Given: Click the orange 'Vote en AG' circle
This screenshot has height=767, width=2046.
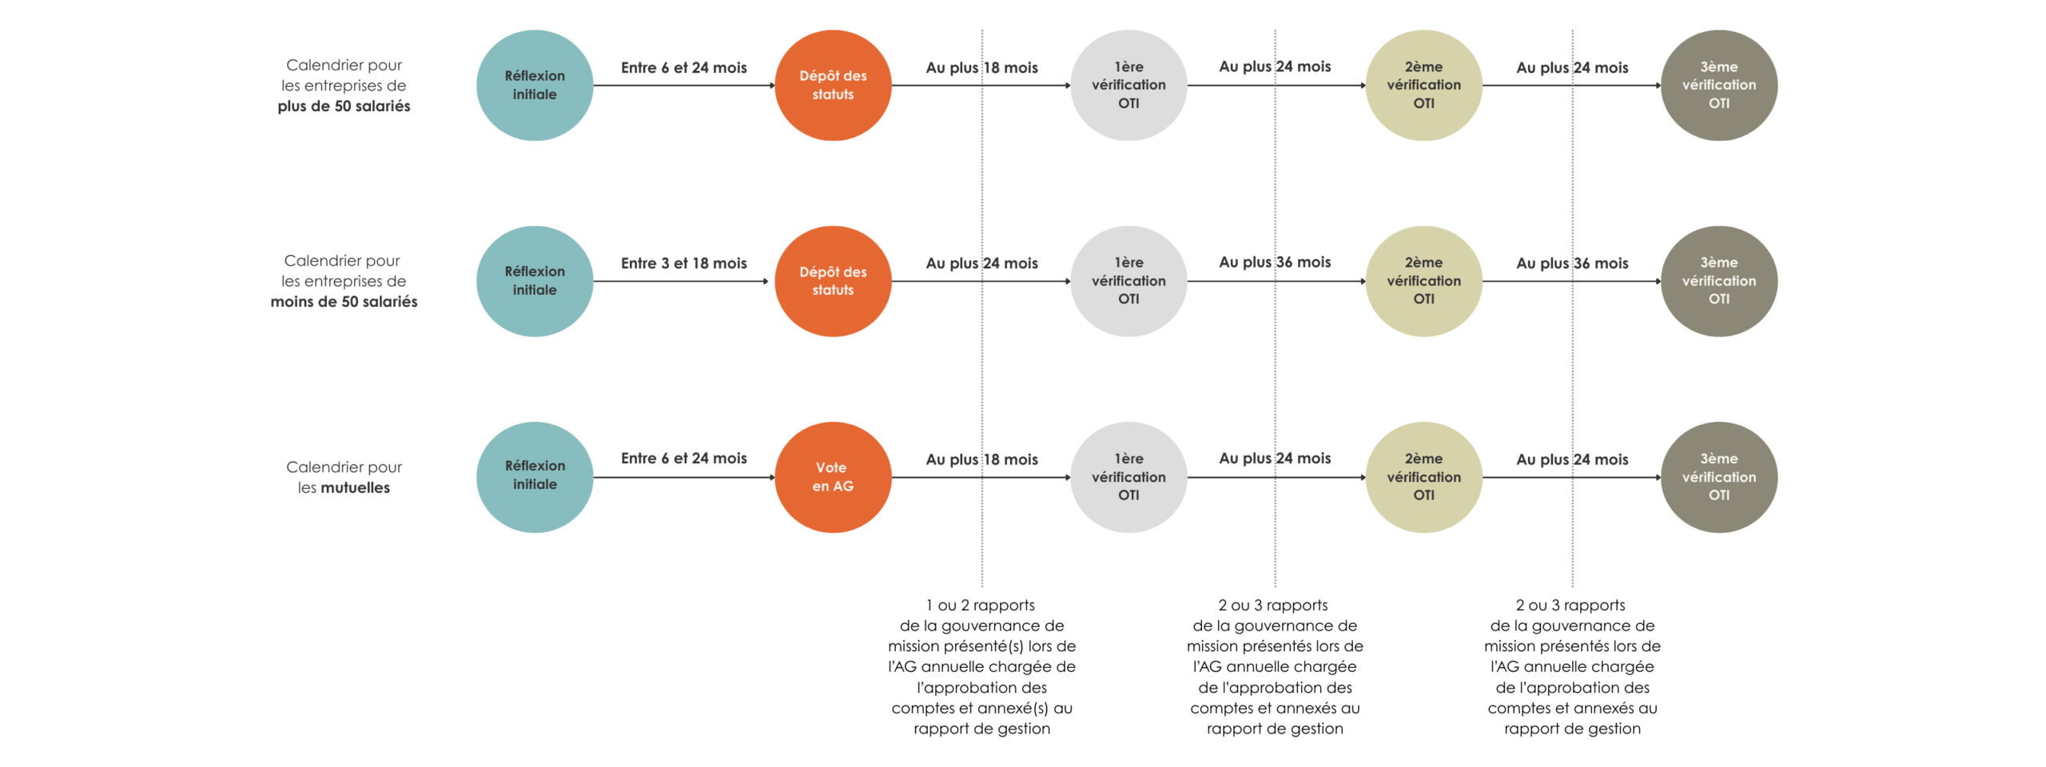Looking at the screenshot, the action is [x=832, y=477].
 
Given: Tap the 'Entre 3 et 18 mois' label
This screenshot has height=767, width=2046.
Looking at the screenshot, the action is [x=683, y=263].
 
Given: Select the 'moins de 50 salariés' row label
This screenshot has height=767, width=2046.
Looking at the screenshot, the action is [x=344, y=301].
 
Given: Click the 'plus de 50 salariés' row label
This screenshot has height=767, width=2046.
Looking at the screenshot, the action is [x=344, y=105].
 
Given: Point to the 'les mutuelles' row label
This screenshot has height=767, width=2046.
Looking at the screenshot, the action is [x=344, y=487].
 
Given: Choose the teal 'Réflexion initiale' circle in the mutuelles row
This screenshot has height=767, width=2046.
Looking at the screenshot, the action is [x=535, y=477].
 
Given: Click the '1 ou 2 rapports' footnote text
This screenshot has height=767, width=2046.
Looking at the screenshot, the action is [x=981, y=605].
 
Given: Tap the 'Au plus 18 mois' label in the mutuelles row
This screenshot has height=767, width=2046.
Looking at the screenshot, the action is [x=981, y=459].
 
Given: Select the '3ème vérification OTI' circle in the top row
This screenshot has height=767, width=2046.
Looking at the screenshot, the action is [x=1718, y=85].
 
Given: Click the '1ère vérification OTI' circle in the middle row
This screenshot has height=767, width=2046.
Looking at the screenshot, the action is [x=1128, y=281].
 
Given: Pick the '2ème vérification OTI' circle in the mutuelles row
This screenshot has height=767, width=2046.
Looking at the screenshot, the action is [x=1423, y=477].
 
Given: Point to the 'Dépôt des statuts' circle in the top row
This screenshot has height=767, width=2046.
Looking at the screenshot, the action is [x=832, y=85].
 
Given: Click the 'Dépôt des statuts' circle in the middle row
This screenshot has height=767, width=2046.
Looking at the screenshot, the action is [x=832, y=281].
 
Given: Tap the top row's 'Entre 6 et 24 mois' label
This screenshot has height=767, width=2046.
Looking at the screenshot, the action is [x=683, y=67].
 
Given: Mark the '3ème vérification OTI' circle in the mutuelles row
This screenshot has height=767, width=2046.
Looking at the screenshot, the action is [x=1718, y=477].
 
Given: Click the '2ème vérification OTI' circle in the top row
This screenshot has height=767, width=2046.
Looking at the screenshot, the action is [x=1423, y=85].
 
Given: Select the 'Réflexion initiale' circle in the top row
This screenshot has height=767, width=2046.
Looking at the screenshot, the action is [x=535, y=85].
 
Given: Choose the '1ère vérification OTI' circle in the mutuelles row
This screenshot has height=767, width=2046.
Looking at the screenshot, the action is [x=1128, y=477].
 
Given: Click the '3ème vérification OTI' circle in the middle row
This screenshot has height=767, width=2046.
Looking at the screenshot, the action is [x=1718, y=281].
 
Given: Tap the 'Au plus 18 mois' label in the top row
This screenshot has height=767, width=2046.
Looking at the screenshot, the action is [x=981, y=67].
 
